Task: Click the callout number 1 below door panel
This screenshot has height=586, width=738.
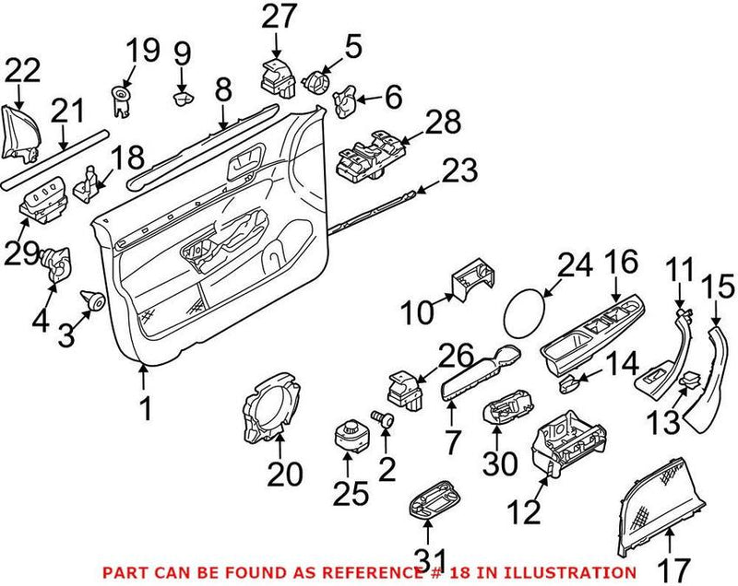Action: pyautogui.click(x=144, y=406)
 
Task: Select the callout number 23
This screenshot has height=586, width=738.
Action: pyautogui.click(x=458, y=170)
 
